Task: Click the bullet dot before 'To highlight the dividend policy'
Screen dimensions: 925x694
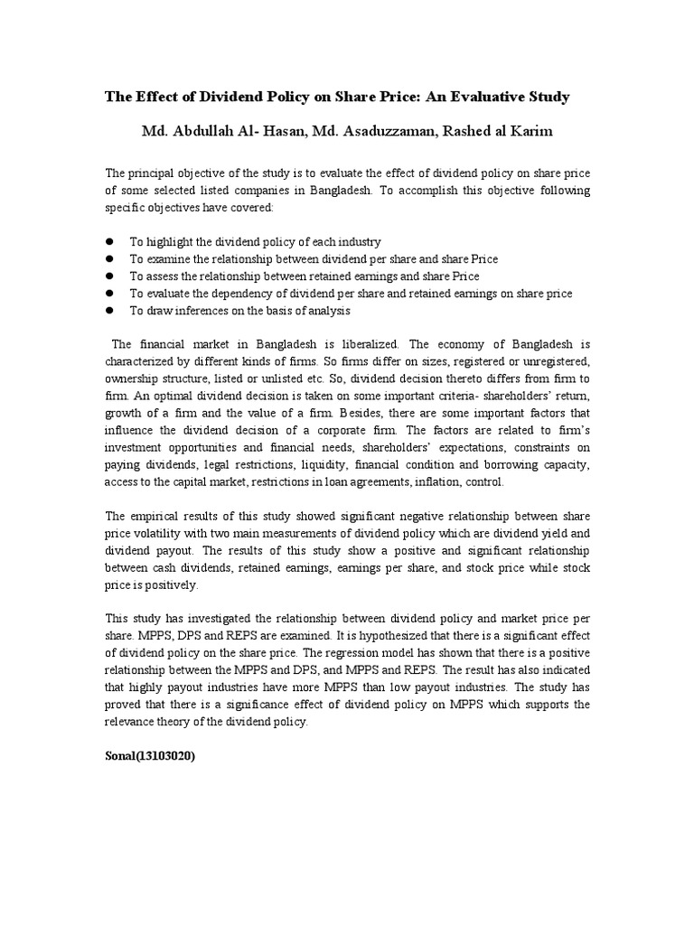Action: [x=109, y=242]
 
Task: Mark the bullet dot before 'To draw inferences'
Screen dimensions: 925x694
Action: [x=109, y=310]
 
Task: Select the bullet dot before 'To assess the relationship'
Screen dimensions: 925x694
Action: [x=109, y=276]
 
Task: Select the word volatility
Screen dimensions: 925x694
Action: [x=156, y=533]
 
